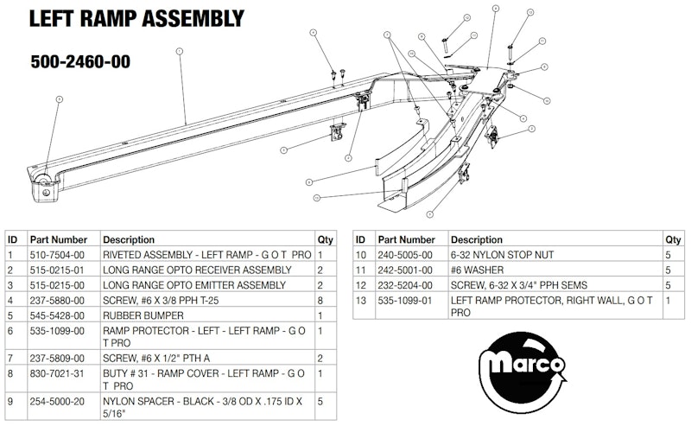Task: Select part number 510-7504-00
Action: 57,256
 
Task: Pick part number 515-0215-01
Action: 57,270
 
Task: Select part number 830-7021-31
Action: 57,374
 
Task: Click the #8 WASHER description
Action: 477,270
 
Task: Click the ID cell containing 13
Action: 361,299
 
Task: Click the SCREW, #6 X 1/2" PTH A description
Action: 162,356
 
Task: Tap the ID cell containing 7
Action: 10,356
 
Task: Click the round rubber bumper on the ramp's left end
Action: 41,181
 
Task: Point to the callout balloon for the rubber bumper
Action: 60,100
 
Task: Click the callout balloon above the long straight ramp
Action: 179,52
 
